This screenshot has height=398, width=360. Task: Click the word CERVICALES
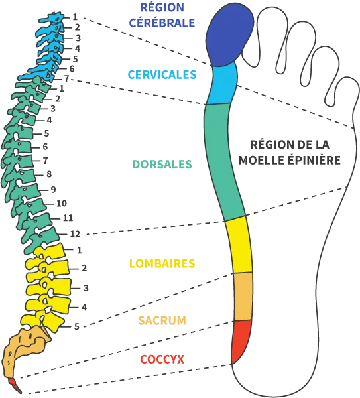[x=162, y=74]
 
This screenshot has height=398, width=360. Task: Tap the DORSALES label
[x=162, y=165]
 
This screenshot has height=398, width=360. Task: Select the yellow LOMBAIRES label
[x=162, y=263]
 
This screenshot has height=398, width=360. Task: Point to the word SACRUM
[x=162, y=320]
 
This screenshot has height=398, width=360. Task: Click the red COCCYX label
[x=162, y=359]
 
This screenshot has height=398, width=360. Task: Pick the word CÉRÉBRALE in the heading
[x=162, y=23]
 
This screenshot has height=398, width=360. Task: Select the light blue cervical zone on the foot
[x=223, y=85]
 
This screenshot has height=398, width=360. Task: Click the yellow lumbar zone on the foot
[x=239, y=245]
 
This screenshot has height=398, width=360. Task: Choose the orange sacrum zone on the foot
[x=243, y=297]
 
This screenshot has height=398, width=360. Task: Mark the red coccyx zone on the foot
[x=241, y=339]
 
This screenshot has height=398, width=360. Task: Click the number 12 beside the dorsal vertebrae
[x=75, y=233]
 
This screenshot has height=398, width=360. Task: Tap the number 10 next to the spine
[x=62, y=204]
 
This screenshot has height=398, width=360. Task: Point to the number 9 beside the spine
[x=53, y=190]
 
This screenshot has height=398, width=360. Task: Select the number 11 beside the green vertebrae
[x=68, y=218]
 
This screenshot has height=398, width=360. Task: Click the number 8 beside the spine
[x=49, y=174]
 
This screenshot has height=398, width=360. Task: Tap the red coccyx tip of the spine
[x=15, y=385]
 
